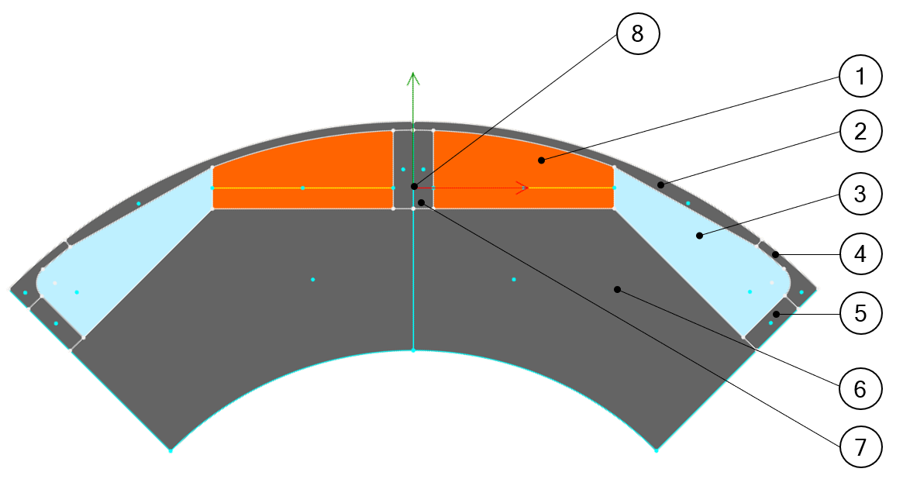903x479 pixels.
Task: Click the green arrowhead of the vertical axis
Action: [x=413, y=78]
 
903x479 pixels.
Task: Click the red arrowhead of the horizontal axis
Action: [x=524, y=188]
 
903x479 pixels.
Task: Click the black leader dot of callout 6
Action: [x=617, y=289]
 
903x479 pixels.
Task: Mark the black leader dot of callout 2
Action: [x=660, y=184]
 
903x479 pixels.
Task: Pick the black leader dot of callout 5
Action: [x=776, y=314]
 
